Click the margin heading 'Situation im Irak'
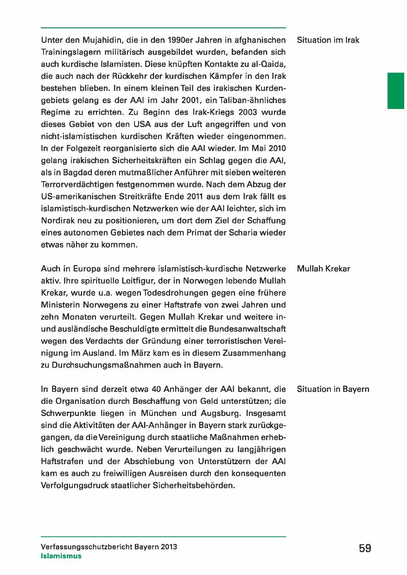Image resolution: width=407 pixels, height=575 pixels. [328, 40]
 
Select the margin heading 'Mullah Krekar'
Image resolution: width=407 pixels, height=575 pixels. [323, 269]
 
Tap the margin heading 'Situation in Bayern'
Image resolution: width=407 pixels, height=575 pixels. [333, 389]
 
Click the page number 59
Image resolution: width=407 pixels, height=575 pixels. [365, 549]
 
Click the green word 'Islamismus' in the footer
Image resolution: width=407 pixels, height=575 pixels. [61, 556]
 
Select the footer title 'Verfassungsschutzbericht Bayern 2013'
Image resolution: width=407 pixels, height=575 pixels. [109, 547]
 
